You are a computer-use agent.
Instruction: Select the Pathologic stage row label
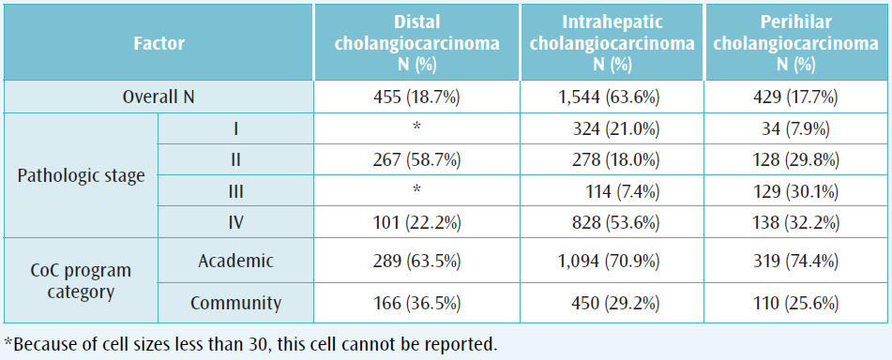coord(81,175)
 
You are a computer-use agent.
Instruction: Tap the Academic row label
coord(235,262)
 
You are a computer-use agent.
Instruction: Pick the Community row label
coord(235,303)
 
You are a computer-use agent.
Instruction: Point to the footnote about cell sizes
coord(250,343)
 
